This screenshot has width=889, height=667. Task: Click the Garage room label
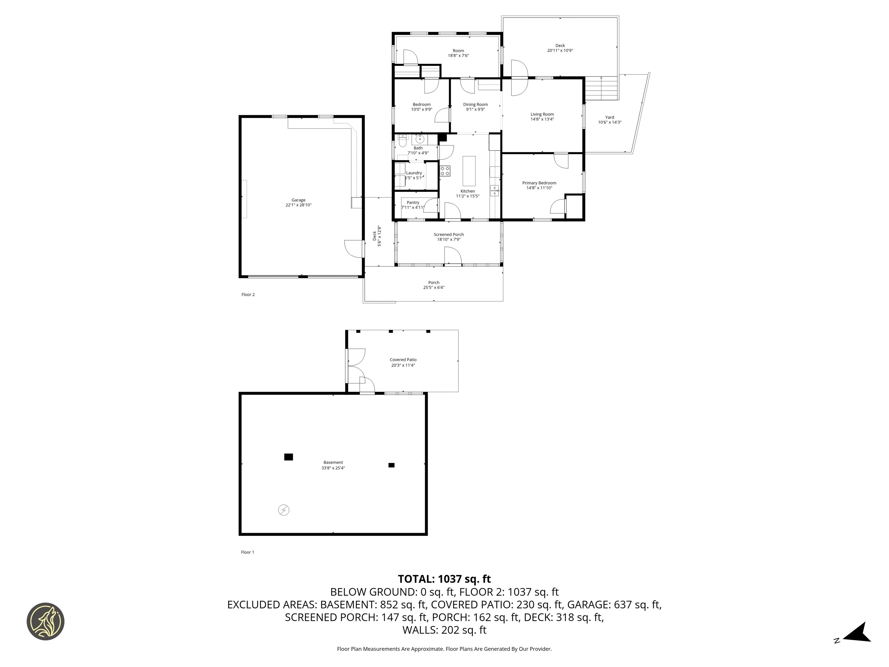(x=298, y=200)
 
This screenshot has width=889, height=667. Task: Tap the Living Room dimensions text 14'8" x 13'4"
(x=542, y=119)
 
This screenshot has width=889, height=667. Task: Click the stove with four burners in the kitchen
(x=445, y=171)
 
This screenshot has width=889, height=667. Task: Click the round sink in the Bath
(x=420, y=140)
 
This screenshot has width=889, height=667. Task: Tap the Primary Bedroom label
(x=539, y=183)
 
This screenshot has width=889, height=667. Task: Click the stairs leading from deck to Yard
(x=601, y=89)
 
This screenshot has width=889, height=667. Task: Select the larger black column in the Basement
(x=288, y=457)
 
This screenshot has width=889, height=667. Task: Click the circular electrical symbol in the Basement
(x=284, y=510)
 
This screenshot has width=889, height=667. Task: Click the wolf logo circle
(x=45, y=621)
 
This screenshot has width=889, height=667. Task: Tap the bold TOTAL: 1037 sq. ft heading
(x=444, y=579)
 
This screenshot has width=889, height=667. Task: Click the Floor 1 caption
(x=247, y=552)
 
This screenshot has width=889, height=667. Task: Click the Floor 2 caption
(x=248, y=294)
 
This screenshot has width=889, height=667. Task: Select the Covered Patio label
(x=403, y=360)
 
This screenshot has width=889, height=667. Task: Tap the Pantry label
(x=413, y=203)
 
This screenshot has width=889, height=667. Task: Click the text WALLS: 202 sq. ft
(x=444, y=630)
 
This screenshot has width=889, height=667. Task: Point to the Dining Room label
(x=475, y=105)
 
